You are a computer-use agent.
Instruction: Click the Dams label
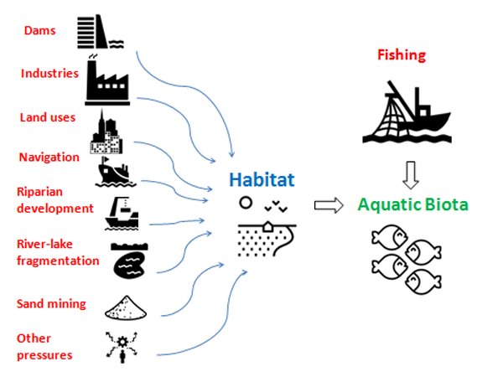(x=39, y=30)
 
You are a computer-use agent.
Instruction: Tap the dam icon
(x=100, y=32)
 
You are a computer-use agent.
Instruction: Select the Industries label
(x=49, y=74)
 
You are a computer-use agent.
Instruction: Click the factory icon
(x=107, y=80)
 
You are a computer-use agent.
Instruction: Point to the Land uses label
(x=48, y=117)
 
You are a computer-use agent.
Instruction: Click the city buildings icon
(x=106, y=132)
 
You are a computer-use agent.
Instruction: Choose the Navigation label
(x=49, y=158)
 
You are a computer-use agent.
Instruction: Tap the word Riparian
(x=39, y=192)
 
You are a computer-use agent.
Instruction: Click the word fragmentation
(x=58, y=261)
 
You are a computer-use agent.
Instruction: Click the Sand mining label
(x=51, y=303)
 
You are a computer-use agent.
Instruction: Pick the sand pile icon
(x=126, y=307)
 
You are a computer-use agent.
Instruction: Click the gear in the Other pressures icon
(x=122, y=342)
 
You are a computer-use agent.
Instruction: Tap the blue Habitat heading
(x=262, y=179)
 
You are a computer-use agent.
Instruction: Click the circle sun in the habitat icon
(x=246, y=203)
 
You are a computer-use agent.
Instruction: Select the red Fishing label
(x=402, y=54)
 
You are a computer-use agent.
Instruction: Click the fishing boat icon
(x=407, y=111)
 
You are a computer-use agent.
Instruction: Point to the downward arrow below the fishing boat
(x=411, y=175)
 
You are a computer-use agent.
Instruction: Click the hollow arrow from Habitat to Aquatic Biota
(x=329, y=205)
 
